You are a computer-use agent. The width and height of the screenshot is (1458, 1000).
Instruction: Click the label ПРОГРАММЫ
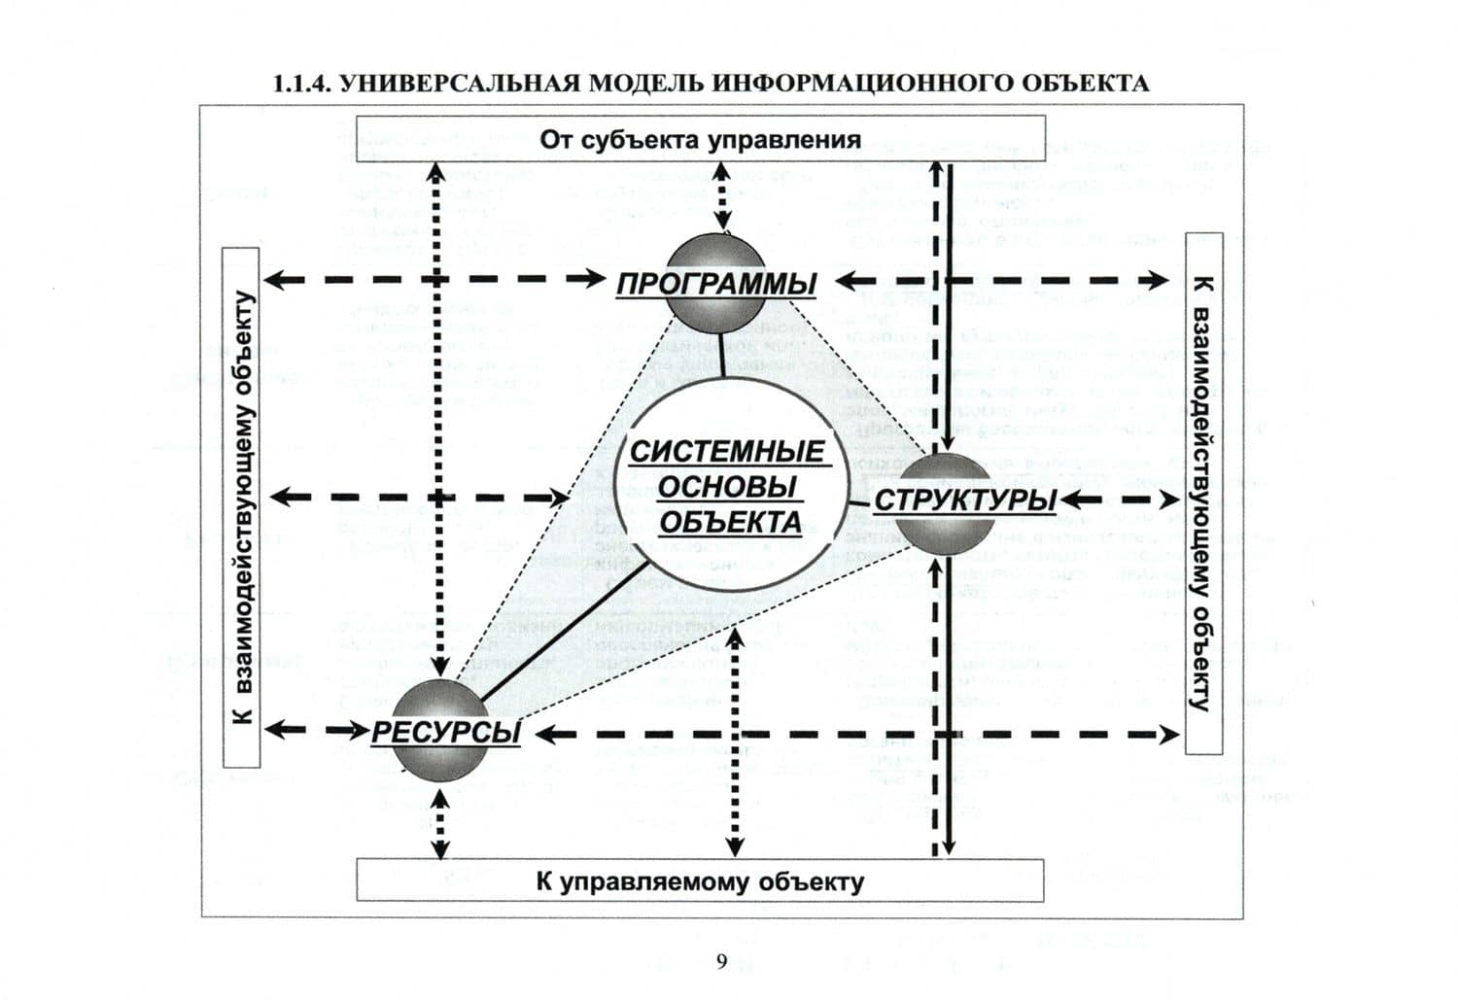(x=716, y=285)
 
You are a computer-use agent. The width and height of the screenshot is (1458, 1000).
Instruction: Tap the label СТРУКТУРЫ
(x=965, y=500)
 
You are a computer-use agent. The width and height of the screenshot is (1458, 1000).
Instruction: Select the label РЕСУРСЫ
(x=445, y=733)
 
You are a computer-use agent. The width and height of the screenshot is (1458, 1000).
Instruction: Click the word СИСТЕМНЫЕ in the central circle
(x=726, y=453)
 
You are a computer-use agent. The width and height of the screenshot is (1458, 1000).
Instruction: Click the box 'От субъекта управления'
(x=700, y=139)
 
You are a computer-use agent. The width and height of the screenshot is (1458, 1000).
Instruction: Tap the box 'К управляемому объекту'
(x=700, y=881)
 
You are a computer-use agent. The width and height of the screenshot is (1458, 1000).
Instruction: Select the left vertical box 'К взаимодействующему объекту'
(x=242, y=507)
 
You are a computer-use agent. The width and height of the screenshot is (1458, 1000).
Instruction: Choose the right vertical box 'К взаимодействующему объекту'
(x=1203, y=494)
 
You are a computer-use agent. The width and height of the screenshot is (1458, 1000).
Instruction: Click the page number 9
(x=721, y=962)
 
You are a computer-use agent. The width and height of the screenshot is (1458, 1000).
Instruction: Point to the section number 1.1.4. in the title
(x=302, y=84)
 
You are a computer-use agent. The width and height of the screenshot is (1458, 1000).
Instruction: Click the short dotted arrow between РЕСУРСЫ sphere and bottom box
(x=440, y=822)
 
